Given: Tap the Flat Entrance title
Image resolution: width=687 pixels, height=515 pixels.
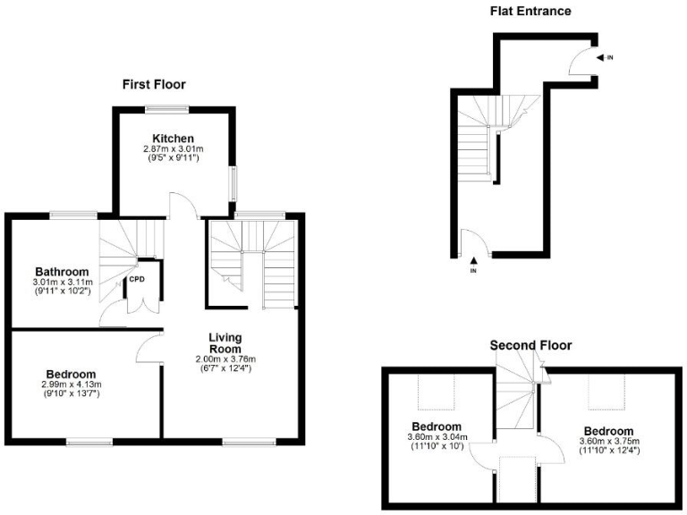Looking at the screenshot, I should click(x=530, y=12).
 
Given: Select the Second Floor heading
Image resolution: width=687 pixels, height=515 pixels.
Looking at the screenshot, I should click(x=530, y=345).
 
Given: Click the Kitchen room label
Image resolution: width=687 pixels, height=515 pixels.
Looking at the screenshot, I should click(x=174, y=138).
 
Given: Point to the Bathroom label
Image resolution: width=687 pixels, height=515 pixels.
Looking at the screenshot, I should click(x=62, y=272).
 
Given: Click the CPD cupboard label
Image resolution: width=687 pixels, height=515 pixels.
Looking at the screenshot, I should click(x=137, y=279).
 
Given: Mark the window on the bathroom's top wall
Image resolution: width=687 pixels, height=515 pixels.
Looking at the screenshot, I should click(x=73, y=214).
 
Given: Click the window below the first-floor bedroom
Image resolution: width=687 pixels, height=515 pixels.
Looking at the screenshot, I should click(x=89, y=441).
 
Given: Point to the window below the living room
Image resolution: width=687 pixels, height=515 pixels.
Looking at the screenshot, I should click(x=241, y=441).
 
